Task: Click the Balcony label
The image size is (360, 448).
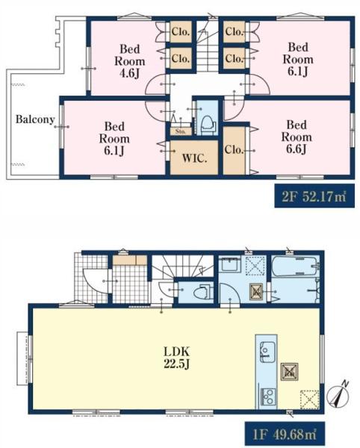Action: click(x=35, y=119)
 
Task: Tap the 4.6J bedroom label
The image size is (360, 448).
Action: click(x=130, y=61)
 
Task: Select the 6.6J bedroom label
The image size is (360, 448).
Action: click(x=297, y=137)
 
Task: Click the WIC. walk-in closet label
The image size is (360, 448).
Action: click(x=194, y=158)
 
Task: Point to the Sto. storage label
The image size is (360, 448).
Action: click(x=180, y=131)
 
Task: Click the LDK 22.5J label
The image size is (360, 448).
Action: click(x=177, y=357)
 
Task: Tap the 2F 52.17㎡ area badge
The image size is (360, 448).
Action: click(x=314, y=197)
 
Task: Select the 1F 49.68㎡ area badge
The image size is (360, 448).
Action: click(x=285, y=435)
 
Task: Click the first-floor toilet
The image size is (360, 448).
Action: click(x=202, y=292)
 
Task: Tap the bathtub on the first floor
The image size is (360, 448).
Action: click(x=295, y=267)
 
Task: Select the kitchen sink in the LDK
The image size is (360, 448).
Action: click(x=267, y=352)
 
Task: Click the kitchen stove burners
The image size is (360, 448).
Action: click(x=268, y=396)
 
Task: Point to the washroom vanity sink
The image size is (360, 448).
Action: click(x=230, y=264)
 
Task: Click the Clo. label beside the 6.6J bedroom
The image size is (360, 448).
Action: click(x=234, y=149)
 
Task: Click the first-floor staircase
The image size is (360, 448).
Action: click(x=183, y=267)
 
